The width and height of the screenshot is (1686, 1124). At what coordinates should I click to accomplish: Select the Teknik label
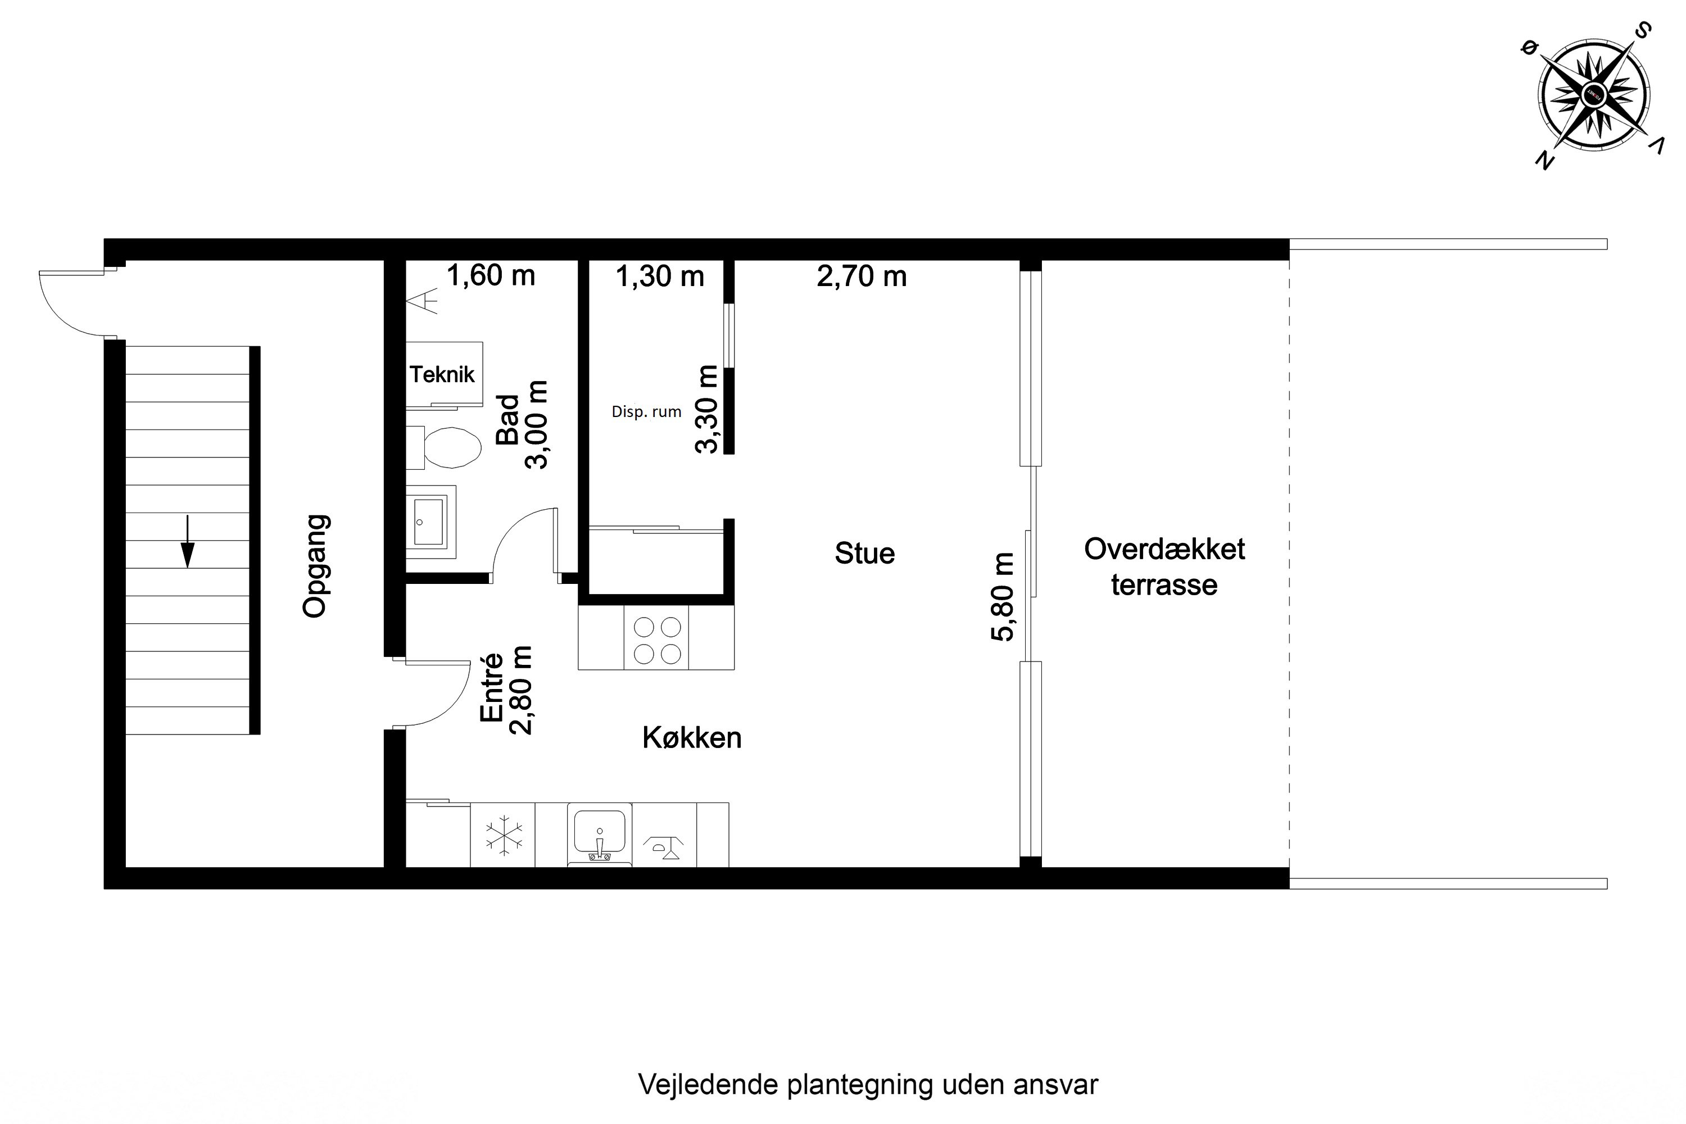(442, 374)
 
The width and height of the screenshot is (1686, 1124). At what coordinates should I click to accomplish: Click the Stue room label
(864, 554)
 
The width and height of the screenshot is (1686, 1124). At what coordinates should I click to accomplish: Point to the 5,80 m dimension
(1002, 597)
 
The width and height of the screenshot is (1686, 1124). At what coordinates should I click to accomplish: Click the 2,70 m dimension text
(862, 277)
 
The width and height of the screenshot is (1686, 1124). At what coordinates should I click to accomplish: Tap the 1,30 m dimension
(659, 277)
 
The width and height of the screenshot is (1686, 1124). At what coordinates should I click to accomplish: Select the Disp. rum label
(646, 412)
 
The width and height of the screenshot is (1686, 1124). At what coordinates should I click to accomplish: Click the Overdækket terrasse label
(1164, 567)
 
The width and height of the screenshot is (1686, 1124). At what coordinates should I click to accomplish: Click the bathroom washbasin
(429, 522)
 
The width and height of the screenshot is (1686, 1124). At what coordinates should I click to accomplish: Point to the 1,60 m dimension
(491, 275)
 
